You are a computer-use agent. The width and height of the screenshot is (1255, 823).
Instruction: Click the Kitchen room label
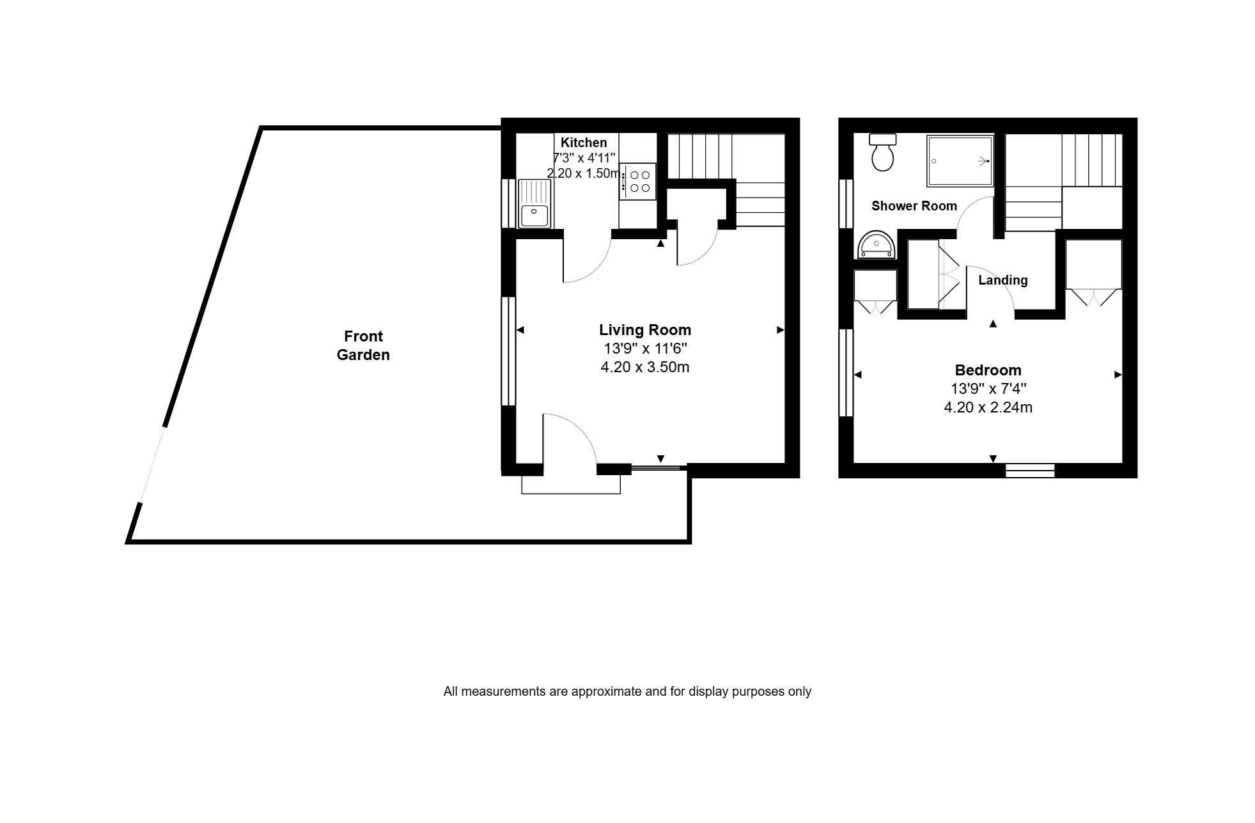click(x=584, y=143)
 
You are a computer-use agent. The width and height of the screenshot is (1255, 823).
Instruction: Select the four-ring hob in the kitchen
click(x=637, y=182)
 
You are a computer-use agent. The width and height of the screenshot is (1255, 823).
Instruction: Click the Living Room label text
click(x=645, y=330)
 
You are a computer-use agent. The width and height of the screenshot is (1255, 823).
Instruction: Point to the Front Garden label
click(x=363, y=345)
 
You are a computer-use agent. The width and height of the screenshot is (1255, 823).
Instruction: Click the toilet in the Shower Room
click(x=883, y=152)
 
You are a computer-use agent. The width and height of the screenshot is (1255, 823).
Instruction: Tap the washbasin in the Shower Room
click(x=877, y=244)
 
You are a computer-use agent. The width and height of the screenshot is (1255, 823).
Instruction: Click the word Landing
click(x=1002, y=280)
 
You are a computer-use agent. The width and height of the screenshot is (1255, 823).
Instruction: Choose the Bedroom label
click(x=988, y=370)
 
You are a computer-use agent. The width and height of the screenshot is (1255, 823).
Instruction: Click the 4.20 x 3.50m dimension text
click(x=645, y=367)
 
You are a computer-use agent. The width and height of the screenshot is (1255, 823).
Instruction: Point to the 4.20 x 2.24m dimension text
click(x=988, y=407)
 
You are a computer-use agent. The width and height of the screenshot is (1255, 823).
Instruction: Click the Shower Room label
click(x=914, y=206)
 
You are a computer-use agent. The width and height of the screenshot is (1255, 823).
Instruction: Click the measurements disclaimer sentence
click(x=627, y=691)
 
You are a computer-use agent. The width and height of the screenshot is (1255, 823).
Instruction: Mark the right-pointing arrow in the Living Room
click(x=781, y=330)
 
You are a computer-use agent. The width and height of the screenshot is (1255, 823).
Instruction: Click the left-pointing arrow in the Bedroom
click(x=858, y=375)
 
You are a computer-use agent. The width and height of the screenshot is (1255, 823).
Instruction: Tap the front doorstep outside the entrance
click(x=571, y=485)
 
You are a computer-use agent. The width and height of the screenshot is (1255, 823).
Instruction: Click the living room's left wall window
click(x=508, y=351)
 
